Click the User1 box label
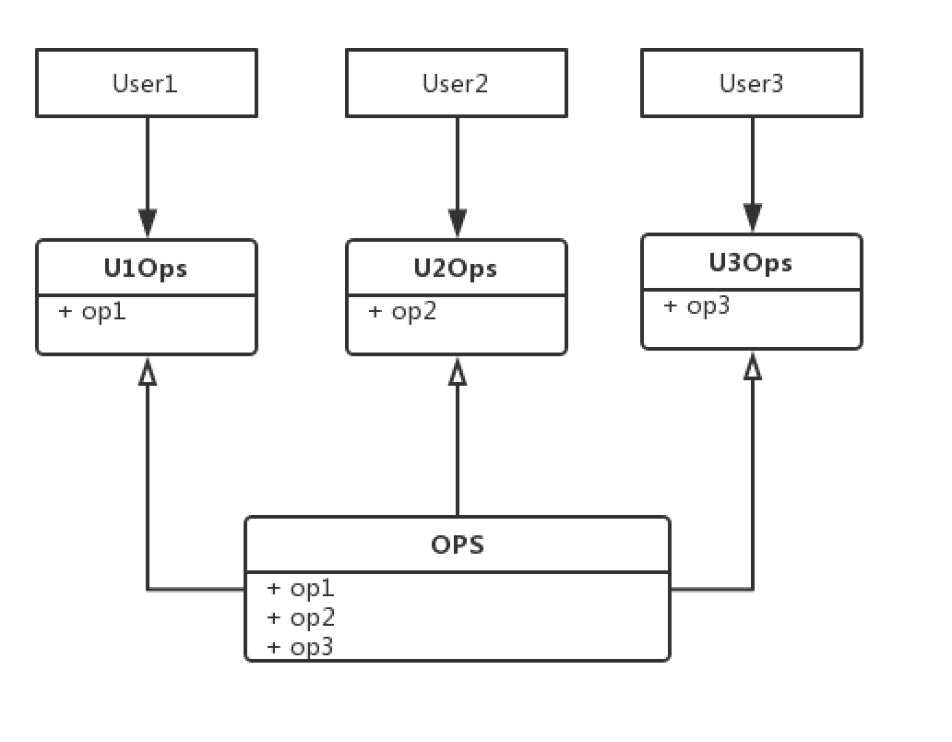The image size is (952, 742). [145, 83]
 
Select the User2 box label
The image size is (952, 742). [456, 83]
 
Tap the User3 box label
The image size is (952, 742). [751, 83]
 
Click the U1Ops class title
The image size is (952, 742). [146, 268]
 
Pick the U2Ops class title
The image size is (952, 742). [456, 268]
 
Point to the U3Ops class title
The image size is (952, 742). [750, 262]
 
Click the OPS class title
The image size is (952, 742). [458, 545]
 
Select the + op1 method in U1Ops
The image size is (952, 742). [92, 312]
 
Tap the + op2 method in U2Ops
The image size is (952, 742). [402, 312]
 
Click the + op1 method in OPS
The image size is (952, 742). [301, 588]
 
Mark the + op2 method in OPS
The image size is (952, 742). [301, 616]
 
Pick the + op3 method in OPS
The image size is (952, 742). [300, 646]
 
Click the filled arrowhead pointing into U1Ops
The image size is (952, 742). [148, 223]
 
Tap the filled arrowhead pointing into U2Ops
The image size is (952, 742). [458, 223]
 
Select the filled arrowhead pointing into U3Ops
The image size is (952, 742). [753, 218]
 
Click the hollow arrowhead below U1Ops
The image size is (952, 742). [148, 371]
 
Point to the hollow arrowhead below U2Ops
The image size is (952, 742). [458, 371]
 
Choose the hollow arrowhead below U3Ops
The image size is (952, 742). [753, 365]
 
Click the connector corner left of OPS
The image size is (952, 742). [148, 589]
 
